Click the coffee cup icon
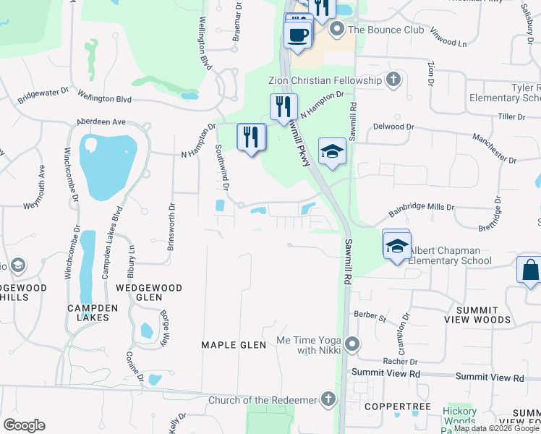pyautogui.click(x=297, y=33)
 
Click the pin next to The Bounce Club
pyautogui.click(x=336, y=30)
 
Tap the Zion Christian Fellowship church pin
pyautogui.click(x=393, y=80)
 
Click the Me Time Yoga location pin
pyautogui.click(x=352, y=344)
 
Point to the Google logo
pyautogui.click(x=25, y=425)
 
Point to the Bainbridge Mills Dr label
pyautogui.click(x=421, y=206)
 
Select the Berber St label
pyautogui.click(x=370, y=315)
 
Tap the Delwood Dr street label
pyautogui.click(x=393, y=127)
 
